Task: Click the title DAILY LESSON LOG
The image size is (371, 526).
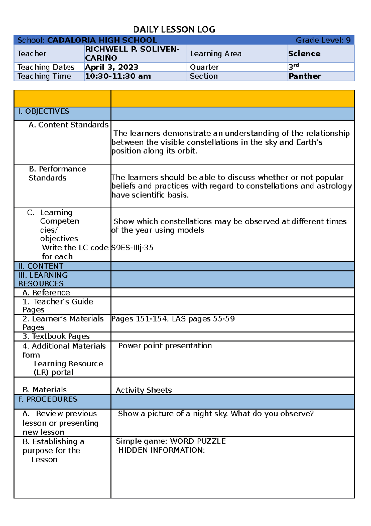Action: pyautogui.click(x=174, y=29)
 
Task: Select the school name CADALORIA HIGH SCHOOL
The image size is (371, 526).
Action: pyautogui.click(x=102, y=40)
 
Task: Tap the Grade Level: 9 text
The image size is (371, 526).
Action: pyautogui.click(x=323, y=40)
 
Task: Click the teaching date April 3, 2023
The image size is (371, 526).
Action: pyautogui.click(x=111, y=67)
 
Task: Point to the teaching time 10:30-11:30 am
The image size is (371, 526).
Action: pyautogui.click(x=118, y=76)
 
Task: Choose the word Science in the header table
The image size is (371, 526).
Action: pyautogui.click(x=304, y=54)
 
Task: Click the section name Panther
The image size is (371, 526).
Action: pyautogui.click(x=305, y=76)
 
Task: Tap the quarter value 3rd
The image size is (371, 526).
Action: pyautogui.click(x=293, y=67)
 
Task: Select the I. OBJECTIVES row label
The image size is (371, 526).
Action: pyautogui.click(x=44, y=112)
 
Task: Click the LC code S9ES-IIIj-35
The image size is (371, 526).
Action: pyautogui.click(x=132, y=248)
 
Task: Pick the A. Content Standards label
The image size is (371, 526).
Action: pyautogui.click(x=68, y=125)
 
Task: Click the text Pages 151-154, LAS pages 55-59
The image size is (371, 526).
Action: pyautogui.click(x=173, y=319)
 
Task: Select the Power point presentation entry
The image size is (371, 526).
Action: pyautogui.click(x=165, y=346)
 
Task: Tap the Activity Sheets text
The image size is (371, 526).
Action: pyautogui.click(x=144, y=390)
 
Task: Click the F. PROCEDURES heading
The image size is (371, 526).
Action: pyautogui.click(x=48, y=399)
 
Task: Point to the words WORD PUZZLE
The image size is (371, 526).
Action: pyautogui.click(x=198, y=441)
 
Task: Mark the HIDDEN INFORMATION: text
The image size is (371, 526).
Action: pyautogui.click(x=161, y=450)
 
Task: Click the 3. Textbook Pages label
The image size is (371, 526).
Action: pyautogui.click(x=56, y=336)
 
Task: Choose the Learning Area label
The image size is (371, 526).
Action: pyautogui.click(x=215, y=54)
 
